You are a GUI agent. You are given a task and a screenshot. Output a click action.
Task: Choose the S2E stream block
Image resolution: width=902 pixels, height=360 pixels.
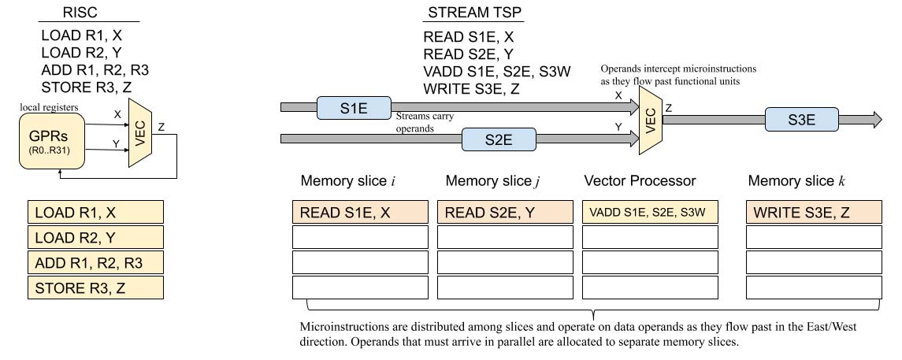(x=498, y=139)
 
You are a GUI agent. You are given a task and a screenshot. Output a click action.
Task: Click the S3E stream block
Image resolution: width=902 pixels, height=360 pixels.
(x=801, y=120)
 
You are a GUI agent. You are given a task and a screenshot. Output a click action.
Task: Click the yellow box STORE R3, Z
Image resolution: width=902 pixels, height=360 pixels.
(x=95, y=288)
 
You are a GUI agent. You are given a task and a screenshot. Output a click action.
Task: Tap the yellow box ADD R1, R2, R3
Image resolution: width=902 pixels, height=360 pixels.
(x=95, y=262)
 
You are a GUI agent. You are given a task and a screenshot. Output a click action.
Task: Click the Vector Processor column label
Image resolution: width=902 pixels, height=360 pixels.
(x=640, y=181)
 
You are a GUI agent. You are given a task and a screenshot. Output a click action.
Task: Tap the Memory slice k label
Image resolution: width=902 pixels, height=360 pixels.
(x=796, y=181)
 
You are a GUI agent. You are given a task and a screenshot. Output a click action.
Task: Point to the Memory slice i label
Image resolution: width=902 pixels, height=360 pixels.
(x=347, y=181)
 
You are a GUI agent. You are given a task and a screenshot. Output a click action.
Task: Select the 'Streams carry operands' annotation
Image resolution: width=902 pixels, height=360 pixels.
(x=425, y=121)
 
